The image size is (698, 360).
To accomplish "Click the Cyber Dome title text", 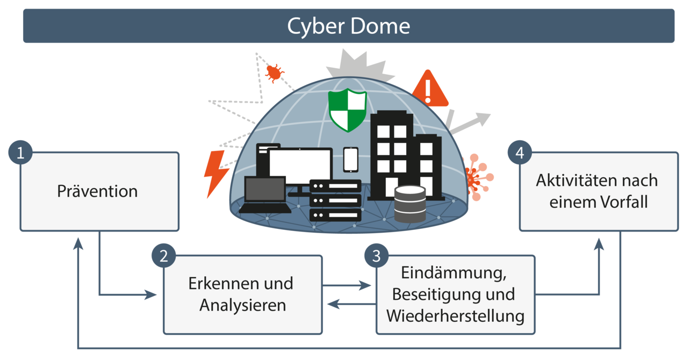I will (348, 26).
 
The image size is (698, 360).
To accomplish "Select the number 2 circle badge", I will (164, 256).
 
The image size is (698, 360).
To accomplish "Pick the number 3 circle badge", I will (376, 256).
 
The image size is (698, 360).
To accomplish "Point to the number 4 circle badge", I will (519, 153).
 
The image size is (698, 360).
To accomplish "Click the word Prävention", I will (97, 191).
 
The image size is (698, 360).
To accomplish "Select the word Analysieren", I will (242, 305).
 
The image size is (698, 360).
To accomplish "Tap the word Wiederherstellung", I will (455, 315).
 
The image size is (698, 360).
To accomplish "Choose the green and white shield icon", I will (348, 110).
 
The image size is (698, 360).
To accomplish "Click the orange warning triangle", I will (428, 90).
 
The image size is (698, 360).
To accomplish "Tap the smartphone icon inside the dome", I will (350, 159).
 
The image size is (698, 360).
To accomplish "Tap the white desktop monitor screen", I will (300, 166).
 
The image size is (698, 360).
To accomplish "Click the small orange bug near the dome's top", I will (274, 72).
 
